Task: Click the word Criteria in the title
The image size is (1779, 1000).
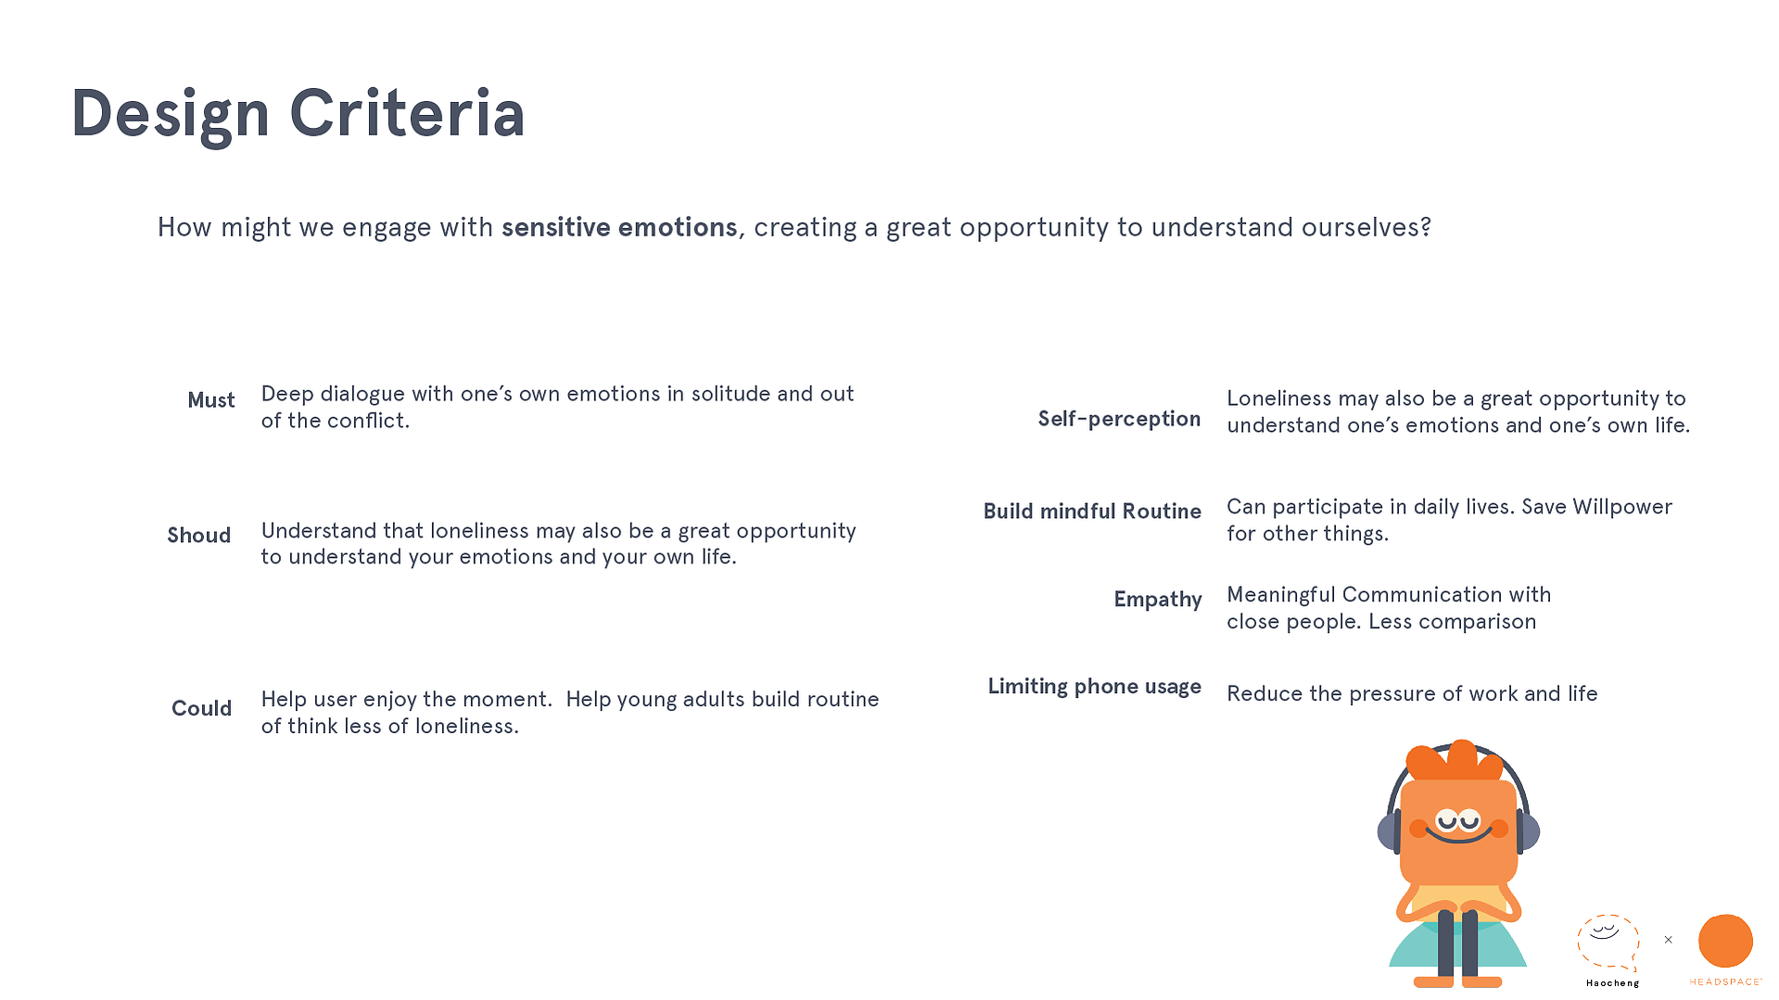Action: [x=407, y=113]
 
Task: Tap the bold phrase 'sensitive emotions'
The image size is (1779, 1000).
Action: [x=619, y=227]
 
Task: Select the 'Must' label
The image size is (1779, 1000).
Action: [x=211, y=399]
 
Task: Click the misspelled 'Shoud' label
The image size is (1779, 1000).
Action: [x=198, y=535]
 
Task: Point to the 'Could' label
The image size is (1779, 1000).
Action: [x=201, y=708]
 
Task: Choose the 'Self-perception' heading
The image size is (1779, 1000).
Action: [x=1119, y=419]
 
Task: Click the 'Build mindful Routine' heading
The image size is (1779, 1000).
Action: [x=1092, y=511]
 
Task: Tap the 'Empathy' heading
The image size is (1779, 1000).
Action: [x=1158, y=600]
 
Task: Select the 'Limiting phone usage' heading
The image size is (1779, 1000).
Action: [x=1094, y=687]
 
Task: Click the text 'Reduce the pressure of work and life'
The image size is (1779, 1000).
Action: [x=1412, y=694]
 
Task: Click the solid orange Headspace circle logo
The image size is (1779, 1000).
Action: [x=1725, y=941]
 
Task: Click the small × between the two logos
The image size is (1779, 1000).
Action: [x=1668, y=940]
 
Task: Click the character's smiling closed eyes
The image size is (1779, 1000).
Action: [x=1458, y=820]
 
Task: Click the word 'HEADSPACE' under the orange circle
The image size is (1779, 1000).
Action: [x=1725, y=981]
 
